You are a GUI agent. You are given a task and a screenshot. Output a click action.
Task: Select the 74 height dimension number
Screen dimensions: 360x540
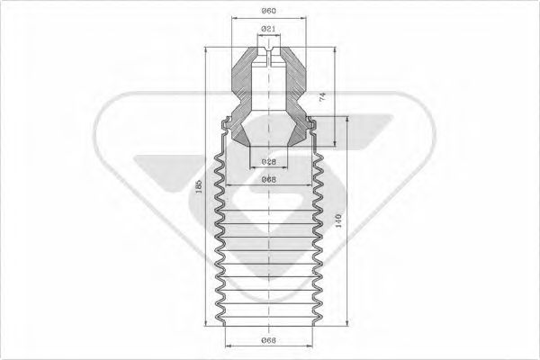[321, 96]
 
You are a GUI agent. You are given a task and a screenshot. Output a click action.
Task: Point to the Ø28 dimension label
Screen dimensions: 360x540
[267, 161]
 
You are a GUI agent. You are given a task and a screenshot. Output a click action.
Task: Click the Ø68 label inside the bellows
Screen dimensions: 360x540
[267, 179]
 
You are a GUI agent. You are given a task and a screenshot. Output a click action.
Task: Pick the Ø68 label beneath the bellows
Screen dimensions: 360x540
[267, 340]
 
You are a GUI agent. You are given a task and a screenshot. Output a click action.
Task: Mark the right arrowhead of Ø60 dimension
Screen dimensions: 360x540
[301, 20]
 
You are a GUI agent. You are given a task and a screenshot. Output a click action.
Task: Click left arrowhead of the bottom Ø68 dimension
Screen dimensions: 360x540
[226, 346]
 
